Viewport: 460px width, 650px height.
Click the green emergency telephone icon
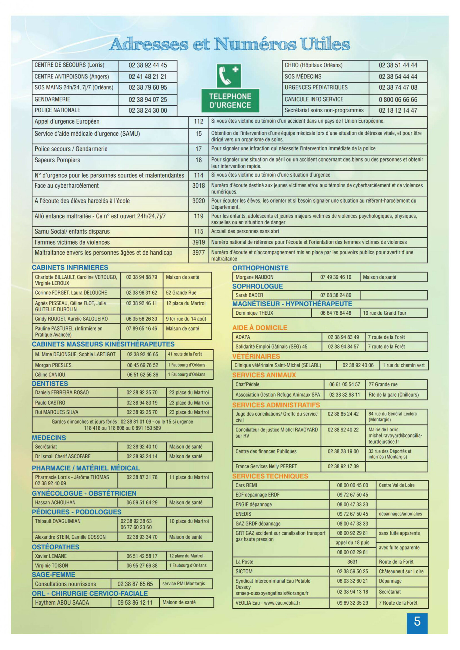pyautogui.click(x=229, y=76)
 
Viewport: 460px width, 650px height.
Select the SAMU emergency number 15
pyautogui.click(x=198, y=134)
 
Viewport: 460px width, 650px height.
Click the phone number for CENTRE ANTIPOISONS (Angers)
pyautogui.click(x=148, y=77)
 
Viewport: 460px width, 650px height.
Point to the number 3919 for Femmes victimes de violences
pyautogui.click(x=198, y=242)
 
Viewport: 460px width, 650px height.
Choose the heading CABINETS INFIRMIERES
pyautogui.click(x=70, y=268)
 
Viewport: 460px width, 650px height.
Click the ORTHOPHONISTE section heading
pyautogui.click(x=260, y=268)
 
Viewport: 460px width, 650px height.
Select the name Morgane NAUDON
pyautogui.click(x=254, y=277)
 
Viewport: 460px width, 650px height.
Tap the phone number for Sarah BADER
pyautogui.click(x=336, y=295)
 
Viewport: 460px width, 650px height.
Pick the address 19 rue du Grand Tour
pyautogui.click(x=385, y=313)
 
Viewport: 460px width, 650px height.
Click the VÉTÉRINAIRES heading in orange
pyautogui.click(x=256, y=357)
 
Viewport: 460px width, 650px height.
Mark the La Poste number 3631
pyautogui.click(x=352, y=562)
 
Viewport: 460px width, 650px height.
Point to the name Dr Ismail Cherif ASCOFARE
pyautogui.click(x=63, y=456)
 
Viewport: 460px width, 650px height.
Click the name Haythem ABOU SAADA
pyautogui.click(x=62, y=603)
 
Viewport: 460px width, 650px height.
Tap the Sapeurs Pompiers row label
pyautogui.click(x=57, y=160)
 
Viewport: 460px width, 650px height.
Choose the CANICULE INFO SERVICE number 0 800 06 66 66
pyautogui.click(x=398, y=100)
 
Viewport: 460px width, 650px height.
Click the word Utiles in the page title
pyautogui.click(x=325, y=44)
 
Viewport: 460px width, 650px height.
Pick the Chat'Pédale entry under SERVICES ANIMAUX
pyautogui.click(x=248, y=384)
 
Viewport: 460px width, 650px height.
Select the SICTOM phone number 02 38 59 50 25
pyautogui.click(x=352, y=572)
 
